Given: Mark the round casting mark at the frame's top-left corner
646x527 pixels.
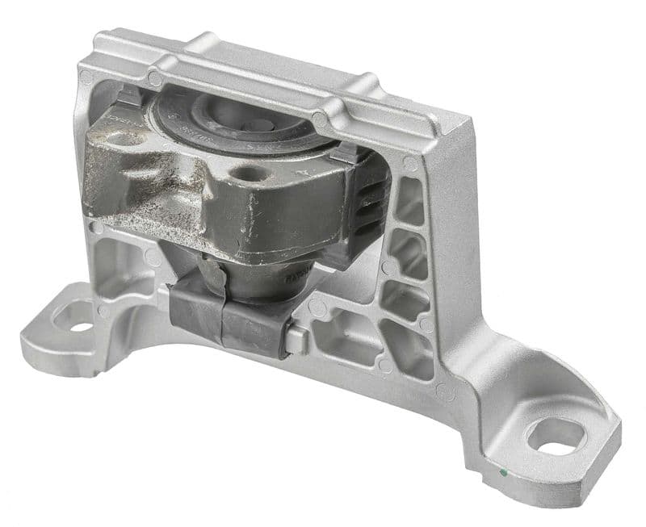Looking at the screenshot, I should [x=86, y=78].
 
